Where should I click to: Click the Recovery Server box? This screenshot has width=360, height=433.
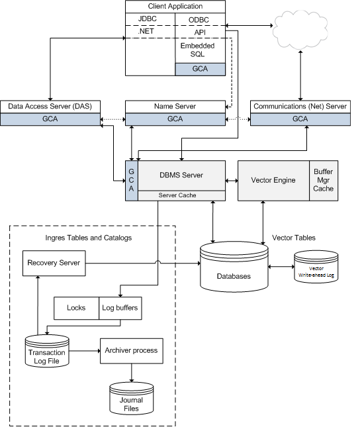click(x=54, y=263)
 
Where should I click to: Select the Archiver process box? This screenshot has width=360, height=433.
click(x=132, y=351)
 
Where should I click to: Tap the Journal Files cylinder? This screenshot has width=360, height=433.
click(x=132, y=398)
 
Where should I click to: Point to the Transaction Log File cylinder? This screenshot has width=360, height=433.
click(x=47, y=351)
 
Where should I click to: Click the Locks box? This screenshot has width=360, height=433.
click(x=76, y=308)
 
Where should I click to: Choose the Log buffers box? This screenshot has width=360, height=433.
click(x=120, y=308)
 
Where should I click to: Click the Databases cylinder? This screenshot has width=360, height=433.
click(x=234, y=267)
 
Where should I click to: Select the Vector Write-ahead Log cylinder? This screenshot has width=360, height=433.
click(x=316, y=267)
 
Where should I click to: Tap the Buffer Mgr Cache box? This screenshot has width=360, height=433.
click(x=324, y=181)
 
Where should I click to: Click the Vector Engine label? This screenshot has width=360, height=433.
click(x=273, y=180)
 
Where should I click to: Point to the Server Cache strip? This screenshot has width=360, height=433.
click(x=181, y=195)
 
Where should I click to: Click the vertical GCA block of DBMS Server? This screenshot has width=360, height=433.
click(x=132, y=181)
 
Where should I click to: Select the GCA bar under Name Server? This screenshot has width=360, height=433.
click(x=175, y=119)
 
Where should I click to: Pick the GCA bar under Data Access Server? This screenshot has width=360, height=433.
click(x=50, y=119)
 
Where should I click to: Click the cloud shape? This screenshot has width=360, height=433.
click(x=300, y=30)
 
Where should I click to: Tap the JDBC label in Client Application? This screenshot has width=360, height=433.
click(x=148, y=19)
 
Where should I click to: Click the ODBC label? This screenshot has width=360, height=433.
click(x=199, y=20)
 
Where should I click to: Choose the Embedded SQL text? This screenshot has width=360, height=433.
click(x=198, y=50)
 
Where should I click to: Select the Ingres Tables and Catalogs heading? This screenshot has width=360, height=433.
click(x=88, y=238)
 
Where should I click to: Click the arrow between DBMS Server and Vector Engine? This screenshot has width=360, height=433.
click(x=232, y=181)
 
